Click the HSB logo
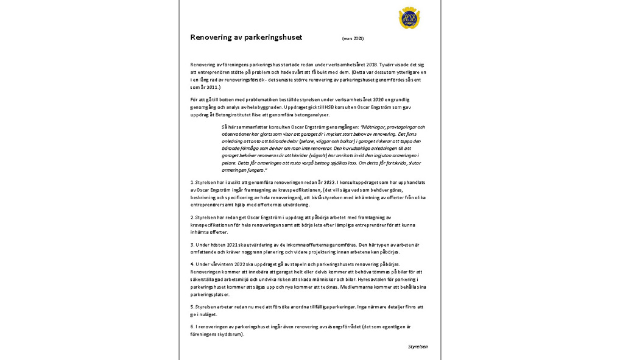409,18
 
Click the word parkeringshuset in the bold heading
273,38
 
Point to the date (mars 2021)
353,38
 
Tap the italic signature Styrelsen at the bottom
418,347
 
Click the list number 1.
192,182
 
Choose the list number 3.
192,245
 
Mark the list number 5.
192,307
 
